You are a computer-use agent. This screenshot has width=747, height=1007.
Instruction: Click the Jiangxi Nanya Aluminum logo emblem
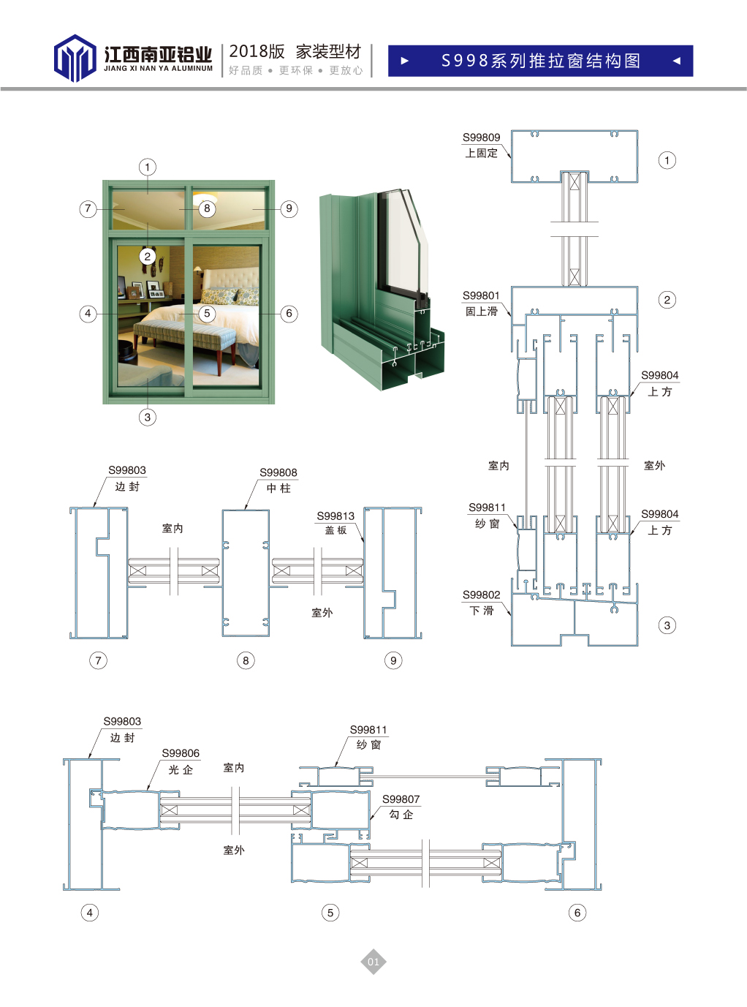pyautogui.click(x=75, y=59)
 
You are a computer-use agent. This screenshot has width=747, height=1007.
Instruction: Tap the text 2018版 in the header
pyautogui.click(x=257, y=51)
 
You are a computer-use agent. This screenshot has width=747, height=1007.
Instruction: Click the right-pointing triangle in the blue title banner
pyautogui.click(x=405, y=61)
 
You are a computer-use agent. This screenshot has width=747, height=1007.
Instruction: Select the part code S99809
pyautogui.click(x=481, y=137)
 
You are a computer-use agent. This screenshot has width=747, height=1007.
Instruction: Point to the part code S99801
pyautogui.click(x=481, y=295)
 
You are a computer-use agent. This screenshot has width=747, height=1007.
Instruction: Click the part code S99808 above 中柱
pyautogui.click(x=278, y=472)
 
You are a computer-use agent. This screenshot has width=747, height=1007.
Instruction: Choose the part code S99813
pyautogui.click(x=335, y=516)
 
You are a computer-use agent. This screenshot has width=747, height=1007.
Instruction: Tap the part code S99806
pyautogui.click(x=181, y=753)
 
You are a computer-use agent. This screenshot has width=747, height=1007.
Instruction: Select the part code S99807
pyautogui.click(x=401, y=799)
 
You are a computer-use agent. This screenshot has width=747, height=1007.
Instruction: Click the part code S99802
pyautogui.click(x=481, y=595)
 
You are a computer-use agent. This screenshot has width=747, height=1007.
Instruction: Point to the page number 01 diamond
pyautogui.click(x=373, y=962)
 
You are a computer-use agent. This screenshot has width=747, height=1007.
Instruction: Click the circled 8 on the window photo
pyautogui.click(x=207, y=208)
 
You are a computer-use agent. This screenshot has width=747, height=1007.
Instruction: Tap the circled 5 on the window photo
pyautogui.click(x=207, y=314)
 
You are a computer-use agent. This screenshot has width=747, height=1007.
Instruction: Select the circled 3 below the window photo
pyautogui.click(x=148, y=417)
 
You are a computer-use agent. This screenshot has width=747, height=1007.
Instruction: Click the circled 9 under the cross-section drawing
pyautogui.click(x=393, y=660)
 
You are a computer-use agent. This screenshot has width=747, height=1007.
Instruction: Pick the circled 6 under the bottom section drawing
pyautogui.click(x=577, y=912)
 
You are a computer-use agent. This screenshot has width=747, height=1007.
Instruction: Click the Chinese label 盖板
pyautogui.click(x=336, y=530)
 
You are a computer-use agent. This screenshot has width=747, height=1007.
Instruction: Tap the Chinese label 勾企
pyautogui.click(x=401, y=815)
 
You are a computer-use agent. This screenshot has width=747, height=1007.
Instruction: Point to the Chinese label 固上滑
pyautogui.click(x=481, y=312)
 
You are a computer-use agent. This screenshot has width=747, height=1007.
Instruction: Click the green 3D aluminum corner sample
pyautogui.click(x=380, y=293)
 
